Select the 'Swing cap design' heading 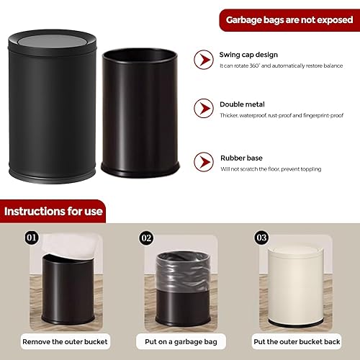click(248, 55)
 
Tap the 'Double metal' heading click(241, 104)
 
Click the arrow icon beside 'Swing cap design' click(204, 59)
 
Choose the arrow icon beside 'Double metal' click(204, 109)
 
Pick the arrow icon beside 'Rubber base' click(204, 163)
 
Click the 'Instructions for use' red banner click(53, 212)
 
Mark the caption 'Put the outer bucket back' click(294, 341)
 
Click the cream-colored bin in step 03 click(295, 288)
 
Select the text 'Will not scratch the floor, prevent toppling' click(271, 168)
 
